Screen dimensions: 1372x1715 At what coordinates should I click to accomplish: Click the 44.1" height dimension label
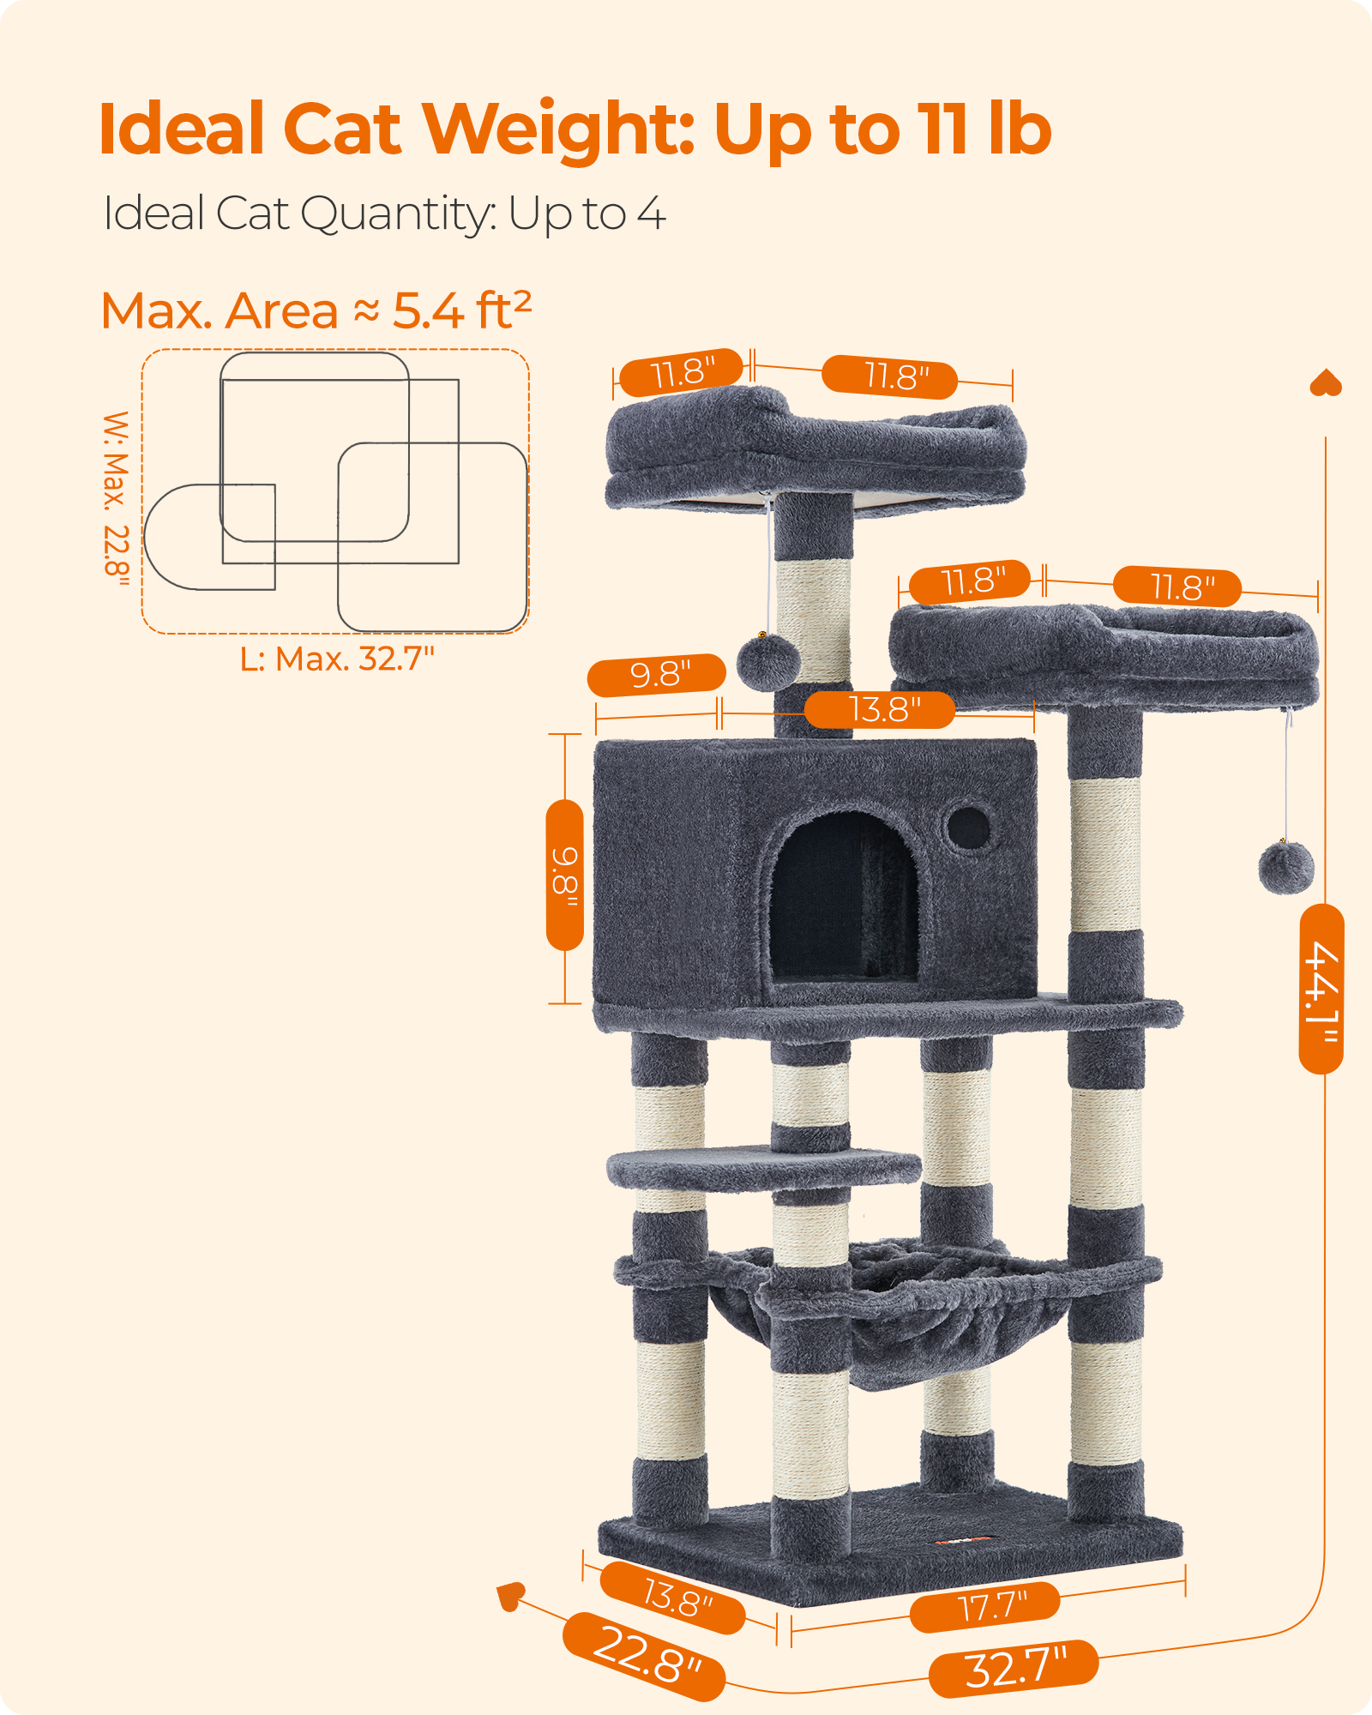click(x=1321, y=989)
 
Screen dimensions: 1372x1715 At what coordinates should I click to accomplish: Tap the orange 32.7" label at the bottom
click(x=1014, y=1669)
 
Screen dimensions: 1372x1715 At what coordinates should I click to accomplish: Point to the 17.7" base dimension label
click(x=985, y=1606)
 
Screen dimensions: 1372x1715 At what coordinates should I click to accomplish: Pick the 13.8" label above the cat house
click(x=880, y=710)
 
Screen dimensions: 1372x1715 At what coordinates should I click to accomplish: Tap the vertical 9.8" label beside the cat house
click(x=565, y=876)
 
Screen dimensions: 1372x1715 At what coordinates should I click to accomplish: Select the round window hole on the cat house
click(x=968, y=827)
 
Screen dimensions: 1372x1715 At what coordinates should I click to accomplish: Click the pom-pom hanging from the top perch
click(x=767, y=662)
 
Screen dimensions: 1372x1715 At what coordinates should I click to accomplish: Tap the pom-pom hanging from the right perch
click(x=1286, y=868)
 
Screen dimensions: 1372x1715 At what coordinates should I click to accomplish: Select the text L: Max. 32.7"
click(x=337, y=659)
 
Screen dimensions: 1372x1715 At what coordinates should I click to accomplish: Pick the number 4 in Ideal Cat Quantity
click(x=652, y=214)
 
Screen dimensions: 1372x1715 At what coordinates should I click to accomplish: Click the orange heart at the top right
click(x=1326, y=383)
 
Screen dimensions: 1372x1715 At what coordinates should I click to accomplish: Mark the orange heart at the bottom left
click(x=510, y=1596)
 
